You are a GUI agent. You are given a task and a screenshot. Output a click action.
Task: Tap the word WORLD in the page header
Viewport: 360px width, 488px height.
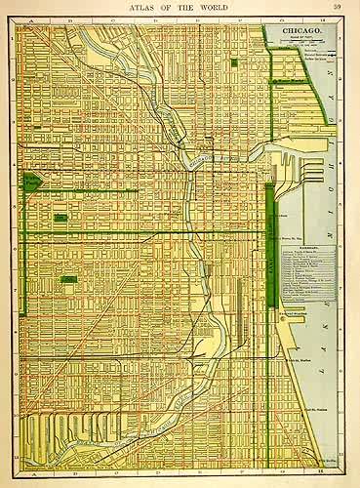[x=210, y=8]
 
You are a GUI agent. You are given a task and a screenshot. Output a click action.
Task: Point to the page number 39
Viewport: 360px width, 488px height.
[x=337, y=8]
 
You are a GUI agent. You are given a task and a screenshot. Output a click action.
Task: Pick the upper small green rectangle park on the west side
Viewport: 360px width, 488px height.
[x=60, y=217]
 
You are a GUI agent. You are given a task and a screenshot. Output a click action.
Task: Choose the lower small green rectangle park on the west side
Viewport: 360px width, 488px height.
[x=68, y=280]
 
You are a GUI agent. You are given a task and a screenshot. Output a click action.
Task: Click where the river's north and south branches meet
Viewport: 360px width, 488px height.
[x=187, y=164]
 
